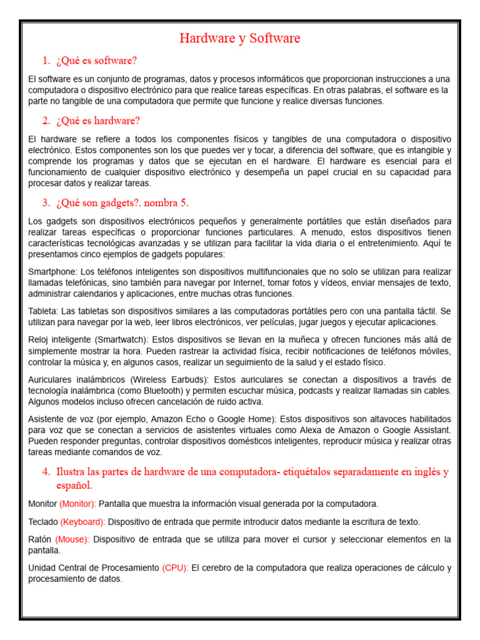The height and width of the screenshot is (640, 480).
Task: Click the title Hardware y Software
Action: [240, 38]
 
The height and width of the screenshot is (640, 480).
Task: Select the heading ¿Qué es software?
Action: [96, 61]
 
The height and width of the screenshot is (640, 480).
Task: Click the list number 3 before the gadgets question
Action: [46, 202]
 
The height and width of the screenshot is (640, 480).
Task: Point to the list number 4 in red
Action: [46, 472]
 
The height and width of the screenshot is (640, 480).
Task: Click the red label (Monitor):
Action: [77, 504]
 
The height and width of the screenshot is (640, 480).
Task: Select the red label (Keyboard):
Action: [82, 522]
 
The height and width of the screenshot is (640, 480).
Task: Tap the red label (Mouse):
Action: [72, 539]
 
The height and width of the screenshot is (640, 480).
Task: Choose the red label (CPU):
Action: [175, 568]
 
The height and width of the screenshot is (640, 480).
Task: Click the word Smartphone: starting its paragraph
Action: [53, 271]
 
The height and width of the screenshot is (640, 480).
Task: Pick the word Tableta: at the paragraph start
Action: [44, 311]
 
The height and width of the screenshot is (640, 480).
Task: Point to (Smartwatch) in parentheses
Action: [121, 339]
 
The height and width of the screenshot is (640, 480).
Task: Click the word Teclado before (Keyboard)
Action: [42, 522]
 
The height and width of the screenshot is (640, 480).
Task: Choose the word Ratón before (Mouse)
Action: [40, 539]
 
